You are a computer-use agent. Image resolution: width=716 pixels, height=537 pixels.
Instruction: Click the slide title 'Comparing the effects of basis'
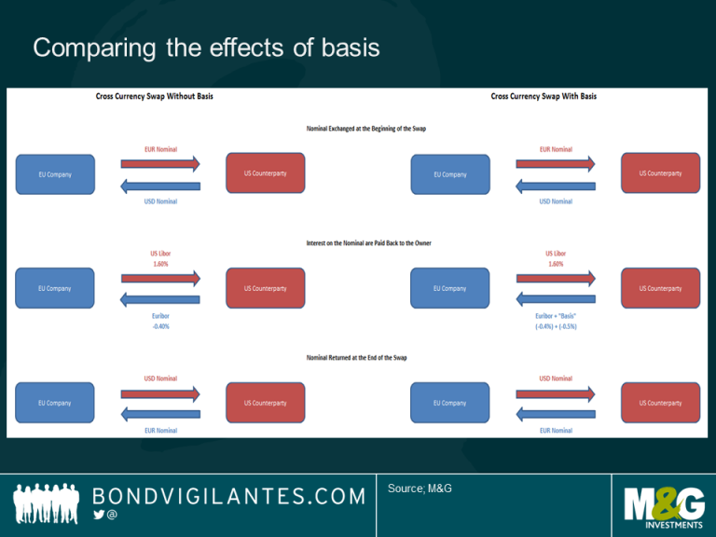click(206, 48)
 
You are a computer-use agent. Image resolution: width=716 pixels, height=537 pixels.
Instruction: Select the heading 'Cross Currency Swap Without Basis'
click(155, 96)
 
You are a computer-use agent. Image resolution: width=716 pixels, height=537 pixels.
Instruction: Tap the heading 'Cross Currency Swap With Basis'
click(544, 96)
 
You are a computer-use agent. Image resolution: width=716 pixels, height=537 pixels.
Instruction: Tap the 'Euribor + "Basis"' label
click(556, 316)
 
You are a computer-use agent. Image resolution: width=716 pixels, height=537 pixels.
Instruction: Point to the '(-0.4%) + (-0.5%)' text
click(556, 326)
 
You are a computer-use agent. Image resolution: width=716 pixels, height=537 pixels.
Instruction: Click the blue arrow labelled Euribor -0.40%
click(159, 299)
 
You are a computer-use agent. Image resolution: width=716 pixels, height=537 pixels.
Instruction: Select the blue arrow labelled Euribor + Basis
click(555, 299)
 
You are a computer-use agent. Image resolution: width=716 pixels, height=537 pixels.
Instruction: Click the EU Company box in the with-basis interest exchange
click(449, 288)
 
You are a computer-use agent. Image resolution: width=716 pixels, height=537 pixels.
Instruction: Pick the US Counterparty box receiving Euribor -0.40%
click(265, 288)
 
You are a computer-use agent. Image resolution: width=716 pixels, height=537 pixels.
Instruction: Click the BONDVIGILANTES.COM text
click(228, 496)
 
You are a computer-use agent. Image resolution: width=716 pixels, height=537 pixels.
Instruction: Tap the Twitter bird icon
click(99, 515)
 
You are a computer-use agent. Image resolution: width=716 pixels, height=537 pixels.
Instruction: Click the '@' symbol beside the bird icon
click(113, 515)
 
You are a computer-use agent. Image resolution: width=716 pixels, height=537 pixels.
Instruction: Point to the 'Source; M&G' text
click(420, 489)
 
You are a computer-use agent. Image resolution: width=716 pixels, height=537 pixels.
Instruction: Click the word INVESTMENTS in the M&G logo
click(664, 523)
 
